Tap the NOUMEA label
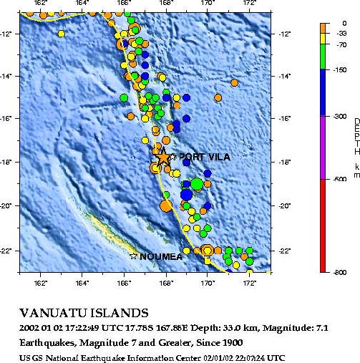pyautogui.click(x=161, y=256)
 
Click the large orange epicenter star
pyautogui.click(x=164, y=157)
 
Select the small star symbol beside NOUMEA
pyautogui.click(x=134, y=256)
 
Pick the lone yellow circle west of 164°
pyautogui.click(x=61, y=34)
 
